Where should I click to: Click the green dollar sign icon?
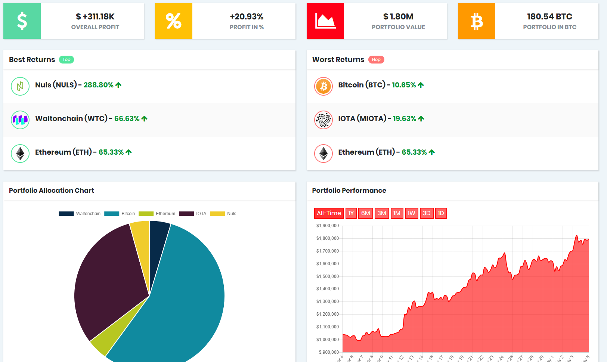click(22, 21)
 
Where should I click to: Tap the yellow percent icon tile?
click(174, 21)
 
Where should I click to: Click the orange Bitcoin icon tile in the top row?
click(477, 21)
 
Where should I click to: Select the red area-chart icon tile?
click(325, 21)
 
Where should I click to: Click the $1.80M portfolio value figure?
click(398, 16)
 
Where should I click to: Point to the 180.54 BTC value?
click(549, 16)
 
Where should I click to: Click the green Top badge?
click(66, 60)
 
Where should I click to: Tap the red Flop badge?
click(376, 60)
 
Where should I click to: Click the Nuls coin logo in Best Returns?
click(20, 86)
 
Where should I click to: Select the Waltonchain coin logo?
click(20, 120)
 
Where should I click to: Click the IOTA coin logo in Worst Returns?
click(323, 120)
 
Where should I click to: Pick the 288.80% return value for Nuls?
click(99, 85)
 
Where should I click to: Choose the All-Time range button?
click(329, 213)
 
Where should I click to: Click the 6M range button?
click(366, 213)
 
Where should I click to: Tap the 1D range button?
click(441, 213)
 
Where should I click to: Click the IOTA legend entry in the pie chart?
click(193, 214)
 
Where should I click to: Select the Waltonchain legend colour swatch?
click(66, 214)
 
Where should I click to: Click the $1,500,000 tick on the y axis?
click(328, 276)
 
